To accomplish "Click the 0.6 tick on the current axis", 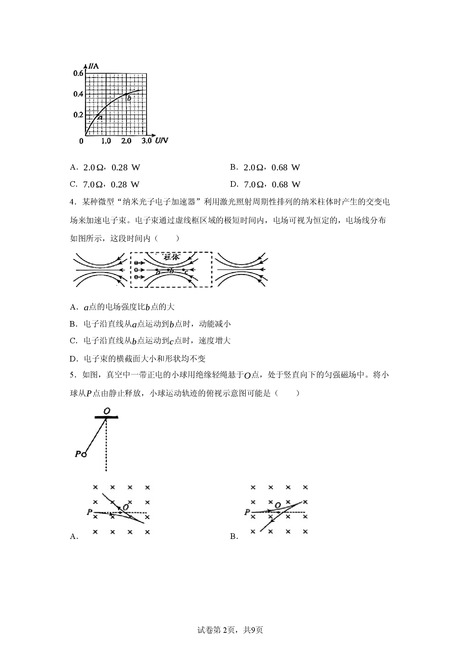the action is point(78,73).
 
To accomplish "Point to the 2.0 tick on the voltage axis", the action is point(126,141).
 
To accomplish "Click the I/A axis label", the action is point(93,66).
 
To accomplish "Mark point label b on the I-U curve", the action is point(129,98).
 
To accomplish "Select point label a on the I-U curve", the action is point(100,118).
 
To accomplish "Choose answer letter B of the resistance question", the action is point(233,167).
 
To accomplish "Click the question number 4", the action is point(72,202).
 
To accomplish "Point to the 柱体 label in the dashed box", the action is point(171,257).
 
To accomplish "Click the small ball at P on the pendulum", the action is point(84,454).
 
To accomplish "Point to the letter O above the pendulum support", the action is point(107,411).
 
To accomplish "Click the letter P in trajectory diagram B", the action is point(247,512).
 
